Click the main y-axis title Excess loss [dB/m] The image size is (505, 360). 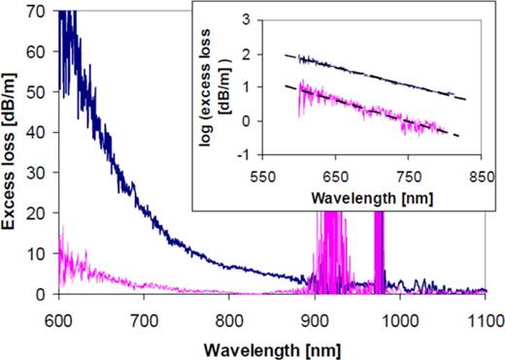[x=13, y=152]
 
